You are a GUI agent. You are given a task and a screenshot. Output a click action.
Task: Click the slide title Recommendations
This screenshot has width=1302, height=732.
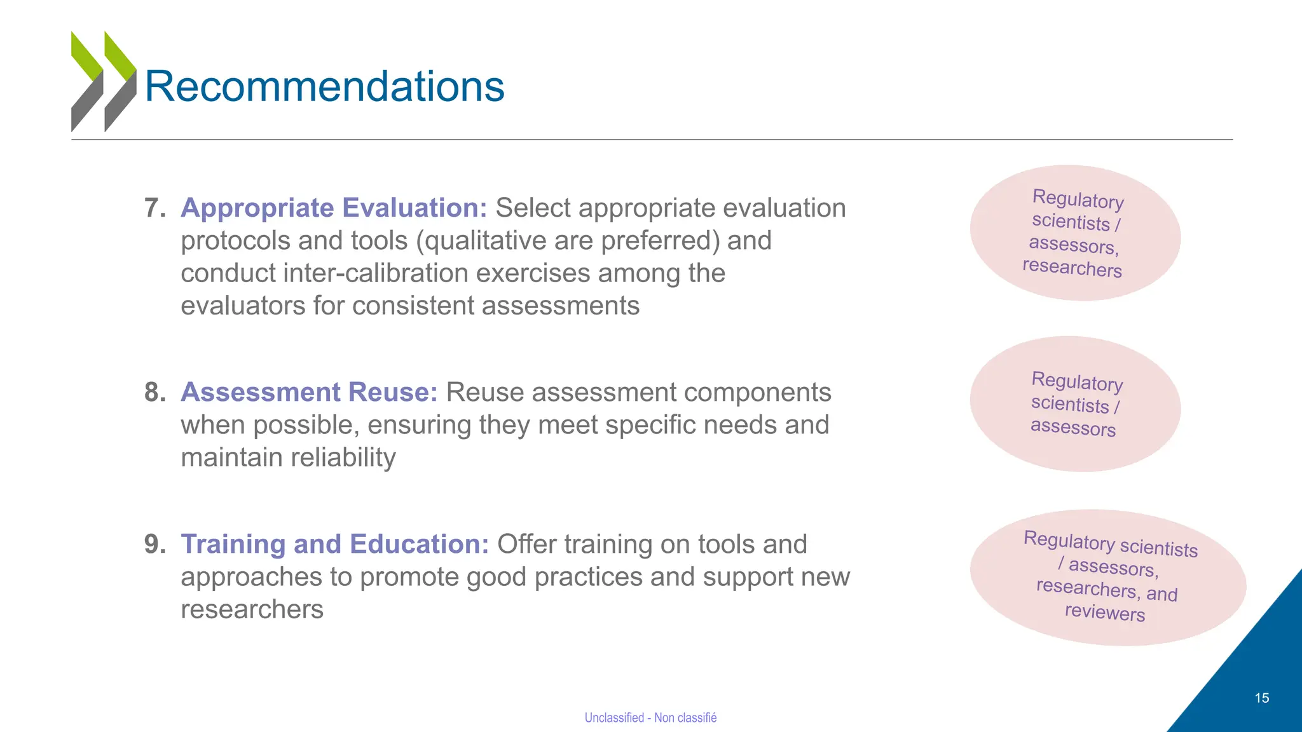point(324,86)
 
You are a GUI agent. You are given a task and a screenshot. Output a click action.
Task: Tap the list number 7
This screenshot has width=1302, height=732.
point(154,208)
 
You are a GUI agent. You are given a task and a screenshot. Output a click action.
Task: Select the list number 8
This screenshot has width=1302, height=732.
point(154,392)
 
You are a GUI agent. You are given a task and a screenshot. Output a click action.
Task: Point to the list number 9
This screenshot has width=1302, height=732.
point(154,544)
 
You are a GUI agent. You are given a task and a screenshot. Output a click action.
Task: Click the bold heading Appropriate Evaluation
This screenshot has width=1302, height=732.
point(334,208)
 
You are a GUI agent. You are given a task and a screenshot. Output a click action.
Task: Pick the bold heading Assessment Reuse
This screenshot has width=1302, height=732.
point(309,392)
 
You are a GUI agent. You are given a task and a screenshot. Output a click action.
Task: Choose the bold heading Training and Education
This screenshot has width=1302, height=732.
point(334,544)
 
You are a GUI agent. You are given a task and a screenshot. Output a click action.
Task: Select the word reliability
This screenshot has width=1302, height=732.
point(288,457)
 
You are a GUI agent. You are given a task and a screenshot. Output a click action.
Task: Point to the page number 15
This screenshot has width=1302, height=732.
point(1261,698)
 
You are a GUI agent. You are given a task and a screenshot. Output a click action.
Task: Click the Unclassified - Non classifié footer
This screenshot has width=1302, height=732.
point(650,717)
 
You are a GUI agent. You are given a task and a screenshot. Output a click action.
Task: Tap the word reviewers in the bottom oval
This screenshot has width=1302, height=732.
point(1104,612)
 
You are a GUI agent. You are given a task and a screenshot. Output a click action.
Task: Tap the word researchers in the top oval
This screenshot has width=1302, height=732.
point(1072,268)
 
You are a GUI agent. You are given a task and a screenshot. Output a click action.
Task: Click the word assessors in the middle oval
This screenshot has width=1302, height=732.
point(1072,427)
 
